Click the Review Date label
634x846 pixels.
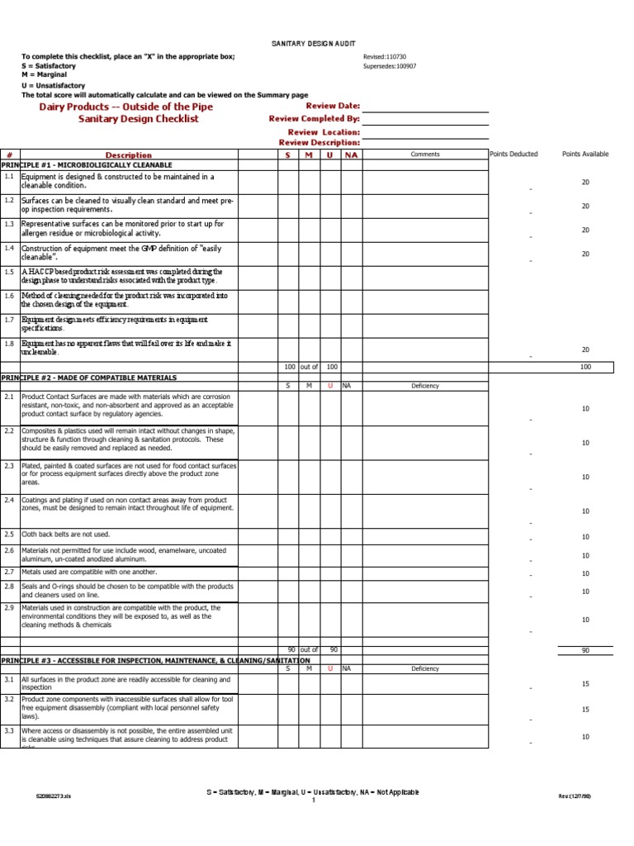[x=333, y=106]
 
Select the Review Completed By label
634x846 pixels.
[x=315, y=119]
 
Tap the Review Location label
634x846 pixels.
[x=324, y=132]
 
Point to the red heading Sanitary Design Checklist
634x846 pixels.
[x=139, y=119]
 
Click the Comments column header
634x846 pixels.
[x=425, y=154]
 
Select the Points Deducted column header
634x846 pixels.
[x=513, y=154]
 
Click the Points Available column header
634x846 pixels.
[x=584, y=154]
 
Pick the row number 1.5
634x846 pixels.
[x=8, y=272]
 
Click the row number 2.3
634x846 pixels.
[x=8, y=466]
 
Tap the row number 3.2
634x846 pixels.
[x=8, y=699]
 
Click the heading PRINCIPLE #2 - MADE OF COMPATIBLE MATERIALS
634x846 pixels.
[x=89, y=378]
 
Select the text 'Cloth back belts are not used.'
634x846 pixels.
[x=65, y=534]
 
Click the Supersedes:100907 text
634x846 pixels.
[x=390, y=66]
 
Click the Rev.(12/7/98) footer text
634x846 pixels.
[x=575, y=795]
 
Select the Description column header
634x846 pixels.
[x=129, y=154]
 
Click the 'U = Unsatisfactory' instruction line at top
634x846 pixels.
[x=55, y=85]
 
